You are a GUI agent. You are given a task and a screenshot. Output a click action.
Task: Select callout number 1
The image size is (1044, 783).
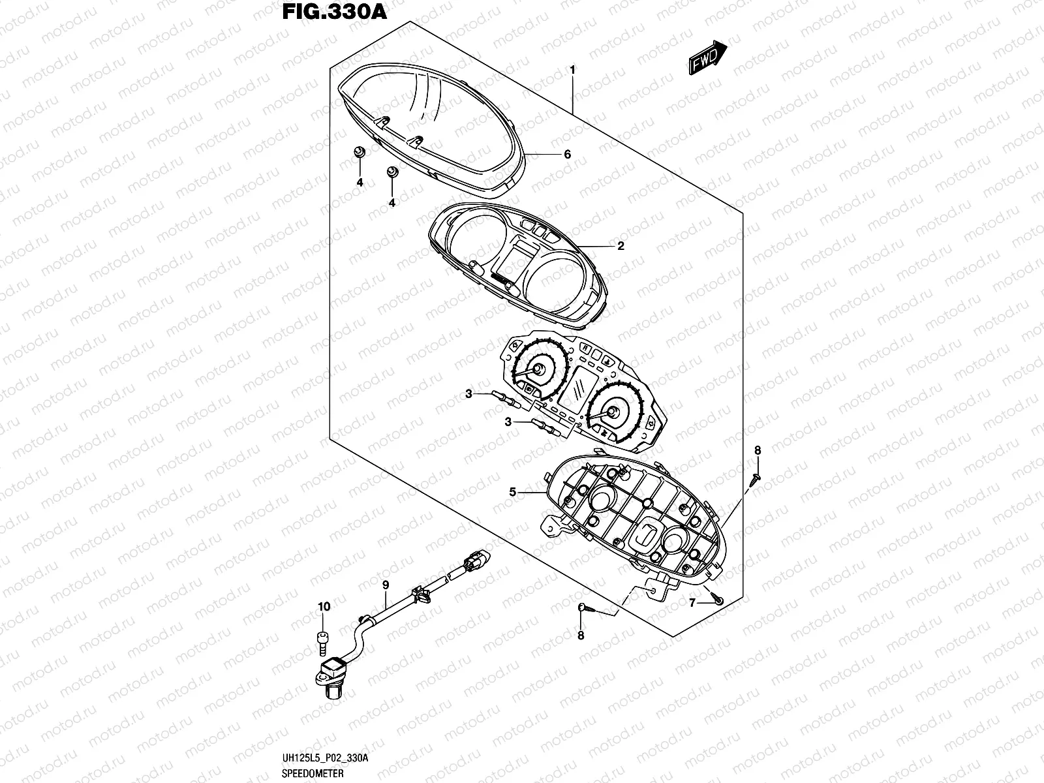[x=572, y=69]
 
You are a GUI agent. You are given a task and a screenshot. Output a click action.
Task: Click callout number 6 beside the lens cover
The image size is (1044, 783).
[x=567, y=155]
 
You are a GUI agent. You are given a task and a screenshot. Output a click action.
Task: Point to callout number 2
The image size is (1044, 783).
[x=621, y=246]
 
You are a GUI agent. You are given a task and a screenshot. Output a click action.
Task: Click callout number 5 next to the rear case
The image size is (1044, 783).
[x=513, y=492]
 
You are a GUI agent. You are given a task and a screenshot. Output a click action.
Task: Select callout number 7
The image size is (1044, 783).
[x=692, y=603]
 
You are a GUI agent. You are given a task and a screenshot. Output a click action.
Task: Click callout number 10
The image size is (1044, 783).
[x=324, y=607]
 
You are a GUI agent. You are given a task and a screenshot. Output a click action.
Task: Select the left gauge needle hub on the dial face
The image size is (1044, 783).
[x=539, y=370]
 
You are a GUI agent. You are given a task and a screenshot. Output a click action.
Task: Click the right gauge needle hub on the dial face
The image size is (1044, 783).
[x=613, y=411]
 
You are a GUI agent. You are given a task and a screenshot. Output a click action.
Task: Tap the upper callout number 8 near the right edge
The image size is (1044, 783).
[x=758, y=450]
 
